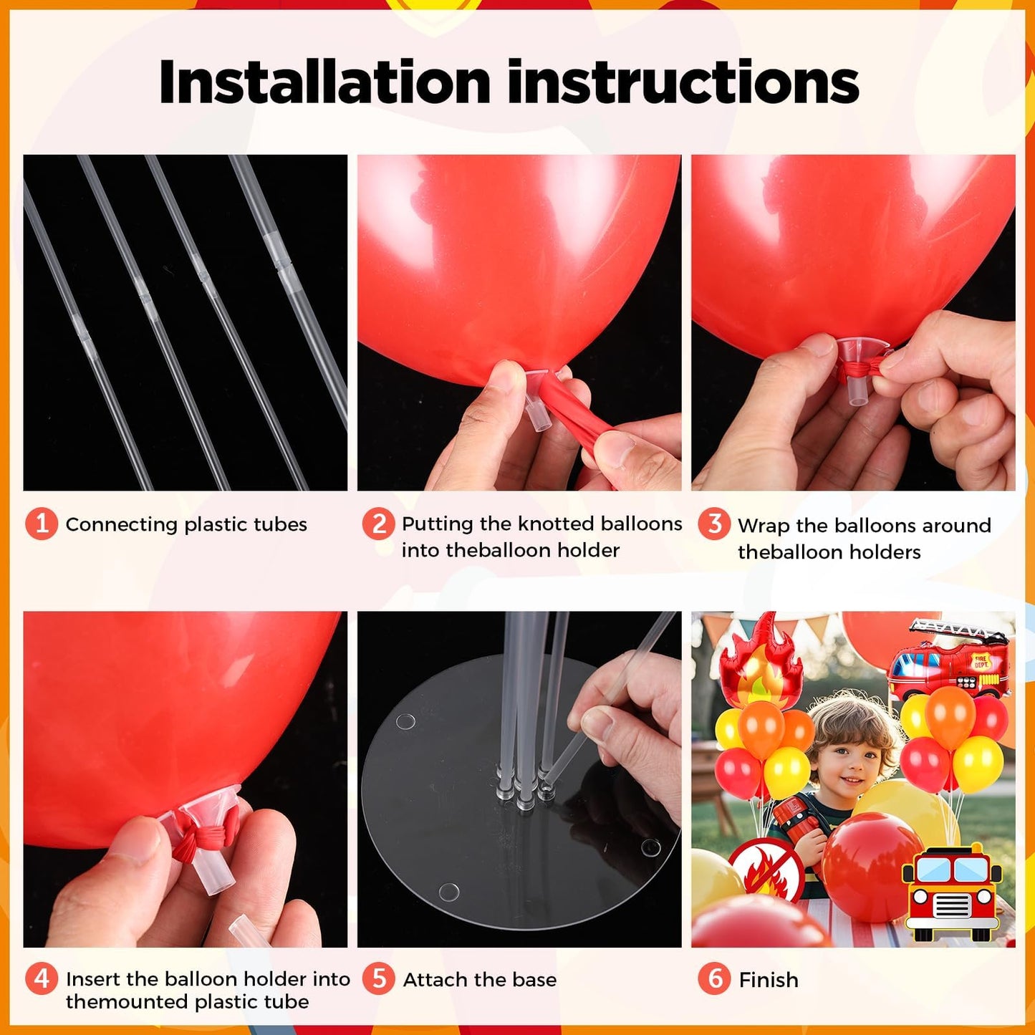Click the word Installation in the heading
pyautogui.click(x=324, y=82)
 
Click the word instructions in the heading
pyautogui.click(x=683, y=82)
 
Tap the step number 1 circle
pyautogui.click(x=42, y=524)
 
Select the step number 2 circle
pyautogui.click(x=378, y=524)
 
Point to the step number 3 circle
pyautogui.click(x=714, y=524)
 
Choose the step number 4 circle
pyautogui.click(x=42, y=979)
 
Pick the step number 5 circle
pyautogui.click(x=378, y=979)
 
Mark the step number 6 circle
pyautogui.click(x=714, y=979)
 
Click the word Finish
pyautogui.click(x=769, y=981)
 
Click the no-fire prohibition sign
pyautogui.click(x=767, y=871)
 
